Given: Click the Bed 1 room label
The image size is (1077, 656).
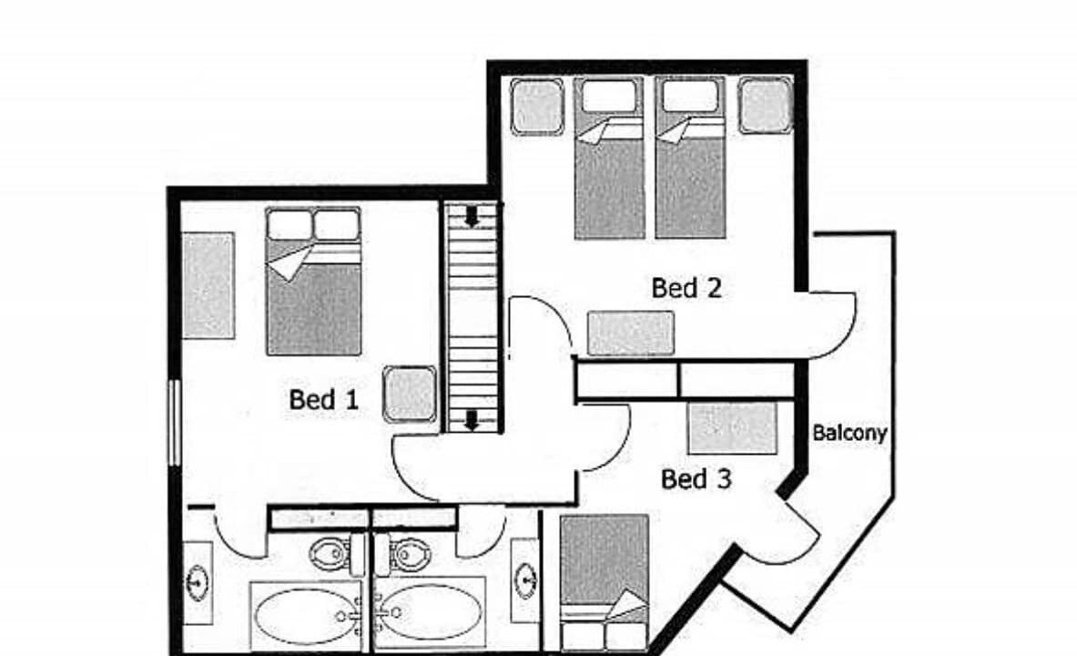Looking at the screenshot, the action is [x=323, y=399].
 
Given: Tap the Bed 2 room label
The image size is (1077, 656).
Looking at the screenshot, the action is [x=686, y=287].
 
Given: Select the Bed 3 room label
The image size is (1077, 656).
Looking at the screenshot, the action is [x=696, y=478].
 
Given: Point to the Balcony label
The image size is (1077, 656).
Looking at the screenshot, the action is [x=849, y=433].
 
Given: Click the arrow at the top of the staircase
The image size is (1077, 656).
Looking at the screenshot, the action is [x=472, y=217].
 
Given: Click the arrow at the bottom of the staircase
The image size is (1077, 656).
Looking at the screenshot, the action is [x=472, y=420].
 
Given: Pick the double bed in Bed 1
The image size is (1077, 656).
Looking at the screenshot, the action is [x=313, y=282].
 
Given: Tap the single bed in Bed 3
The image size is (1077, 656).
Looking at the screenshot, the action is [x=605, y=582].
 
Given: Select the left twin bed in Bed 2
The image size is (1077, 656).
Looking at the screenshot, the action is [x=609, y=159].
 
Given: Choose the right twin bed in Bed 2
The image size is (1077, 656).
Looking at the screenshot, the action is [x=690, y=159].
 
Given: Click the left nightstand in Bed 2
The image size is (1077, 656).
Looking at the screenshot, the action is [x=537, y=107].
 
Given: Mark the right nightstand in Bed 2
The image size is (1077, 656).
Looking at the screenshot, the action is [x=765, y=106].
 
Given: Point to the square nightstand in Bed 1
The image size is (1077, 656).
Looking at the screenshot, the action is [x=410, y=394].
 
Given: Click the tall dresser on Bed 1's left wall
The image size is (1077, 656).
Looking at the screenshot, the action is [x=208, y=285].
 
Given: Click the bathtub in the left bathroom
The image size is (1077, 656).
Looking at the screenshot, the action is [x=306, y=615].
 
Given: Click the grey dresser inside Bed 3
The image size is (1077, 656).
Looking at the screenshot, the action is [x=733, y=428].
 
